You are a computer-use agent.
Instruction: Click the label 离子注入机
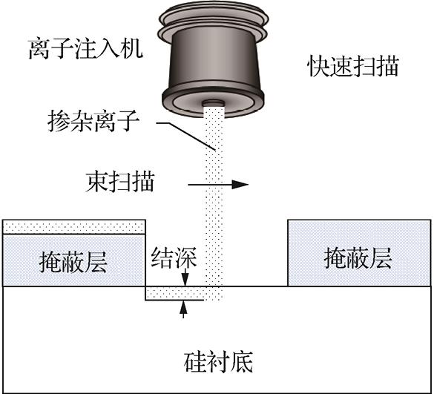click(85, 49)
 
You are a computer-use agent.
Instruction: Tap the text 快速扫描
click(353, 66)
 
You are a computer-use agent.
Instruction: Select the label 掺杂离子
click(93, 121)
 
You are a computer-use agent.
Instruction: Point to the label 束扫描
click(120, 182)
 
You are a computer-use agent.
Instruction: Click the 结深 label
click(174, 257)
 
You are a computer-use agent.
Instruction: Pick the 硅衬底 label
click(218, 362)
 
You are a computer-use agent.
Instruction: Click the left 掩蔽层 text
click(73, 263)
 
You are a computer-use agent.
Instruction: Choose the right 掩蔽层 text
click(358, 258)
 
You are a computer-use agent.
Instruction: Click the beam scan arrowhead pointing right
click(240, 185)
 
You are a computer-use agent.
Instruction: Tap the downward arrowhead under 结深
click(185, 280)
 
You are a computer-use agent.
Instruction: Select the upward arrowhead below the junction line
click(183, 306)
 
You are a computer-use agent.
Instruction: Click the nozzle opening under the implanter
click(213, 104)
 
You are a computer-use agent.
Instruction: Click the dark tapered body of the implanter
click(214, 58)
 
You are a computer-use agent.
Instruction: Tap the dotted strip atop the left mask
click(74, 227)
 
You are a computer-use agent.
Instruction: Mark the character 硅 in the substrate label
click(195, 362)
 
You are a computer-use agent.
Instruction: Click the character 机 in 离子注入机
click(132, 49)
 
